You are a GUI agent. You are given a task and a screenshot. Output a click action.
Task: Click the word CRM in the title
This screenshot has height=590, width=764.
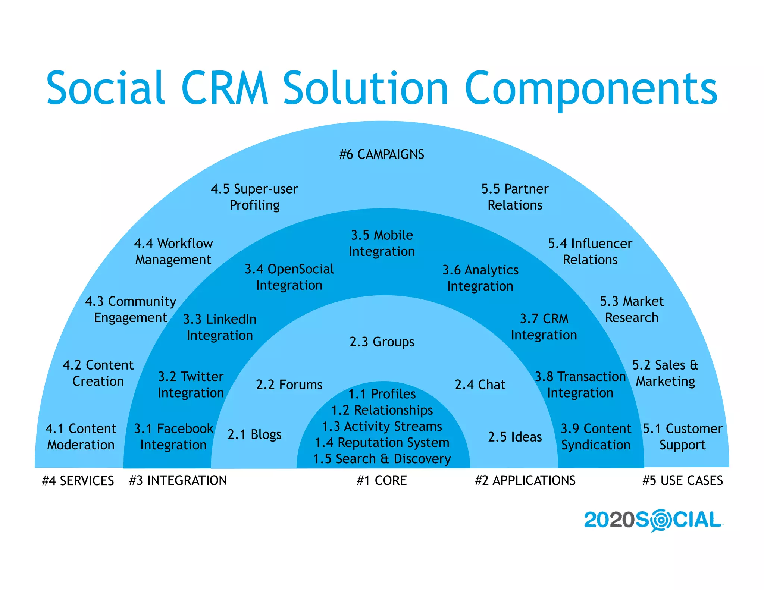[225, 88]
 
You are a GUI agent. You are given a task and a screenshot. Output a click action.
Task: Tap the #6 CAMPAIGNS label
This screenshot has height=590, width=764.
[382, 154]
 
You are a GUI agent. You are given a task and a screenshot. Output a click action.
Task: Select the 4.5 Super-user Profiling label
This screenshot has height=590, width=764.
[254, 197]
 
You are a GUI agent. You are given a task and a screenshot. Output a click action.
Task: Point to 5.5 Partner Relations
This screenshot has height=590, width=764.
[515, 197]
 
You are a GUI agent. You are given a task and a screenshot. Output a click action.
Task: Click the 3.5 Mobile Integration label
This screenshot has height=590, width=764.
[382, 243]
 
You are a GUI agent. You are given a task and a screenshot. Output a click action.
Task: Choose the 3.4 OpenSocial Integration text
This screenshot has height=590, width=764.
[289, 277]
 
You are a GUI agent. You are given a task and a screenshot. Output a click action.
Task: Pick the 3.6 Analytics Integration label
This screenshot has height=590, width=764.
[480, 278]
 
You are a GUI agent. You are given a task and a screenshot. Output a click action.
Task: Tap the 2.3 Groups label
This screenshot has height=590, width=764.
[382, 342]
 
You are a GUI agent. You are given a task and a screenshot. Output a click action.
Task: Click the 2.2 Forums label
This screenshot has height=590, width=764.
[289, 385]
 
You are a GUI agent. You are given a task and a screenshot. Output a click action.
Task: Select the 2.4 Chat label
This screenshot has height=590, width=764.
[480, 385]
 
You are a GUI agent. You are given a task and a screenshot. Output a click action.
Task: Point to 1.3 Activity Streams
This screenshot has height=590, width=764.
[382, 426]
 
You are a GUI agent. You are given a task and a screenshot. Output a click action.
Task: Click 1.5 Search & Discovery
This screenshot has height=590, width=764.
[382, 459]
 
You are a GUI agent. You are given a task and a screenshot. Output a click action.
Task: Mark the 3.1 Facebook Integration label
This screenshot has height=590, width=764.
[173, 437]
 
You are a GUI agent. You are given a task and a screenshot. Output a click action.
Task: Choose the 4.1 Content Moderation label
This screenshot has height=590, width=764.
[81, 437]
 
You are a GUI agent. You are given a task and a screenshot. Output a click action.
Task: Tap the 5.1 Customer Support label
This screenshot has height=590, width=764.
[683, 437]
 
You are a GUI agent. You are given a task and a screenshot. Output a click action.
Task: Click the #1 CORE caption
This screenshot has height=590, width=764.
[382, 480]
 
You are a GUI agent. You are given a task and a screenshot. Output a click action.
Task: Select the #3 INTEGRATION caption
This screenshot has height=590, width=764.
[178, 480]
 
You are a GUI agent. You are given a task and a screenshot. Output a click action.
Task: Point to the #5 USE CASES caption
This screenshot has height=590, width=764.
[683, 480]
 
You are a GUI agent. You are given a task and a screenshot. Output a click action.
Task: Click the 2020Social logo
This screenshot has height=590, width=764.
[653, 520]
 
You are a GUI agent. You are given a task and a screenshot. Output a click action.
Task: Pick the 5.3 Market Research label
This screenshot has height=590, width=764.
[632, 309]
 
